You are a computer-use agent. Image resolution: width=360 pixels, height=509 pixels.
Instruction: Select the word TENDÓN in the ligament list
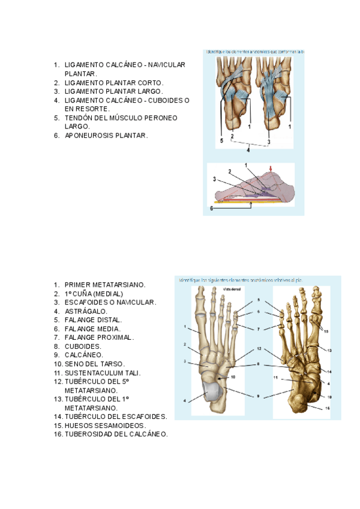[x=80, y=118]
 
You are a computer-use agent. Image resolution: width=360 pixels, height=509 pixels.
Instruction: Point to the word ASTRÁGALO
[x=86, y=312]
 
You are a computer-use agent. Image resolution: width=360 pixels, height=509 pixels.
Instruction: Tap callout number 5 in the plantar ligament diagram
[x=221, y=141]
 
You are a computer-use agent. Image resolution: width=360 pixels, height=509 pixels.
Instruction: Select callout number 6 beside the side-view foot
[x=211, y=208]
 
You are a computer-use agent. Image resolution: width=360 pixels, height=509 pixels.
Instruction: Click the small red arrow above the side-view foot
[x=271, y=169]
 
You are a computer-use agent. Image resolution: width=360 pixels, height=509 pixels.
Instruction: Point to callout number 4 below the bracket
[x=247, y=150]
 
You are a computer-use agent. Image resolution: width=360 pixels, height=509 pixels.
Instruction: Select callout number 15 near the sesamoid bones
[x=326, y=331]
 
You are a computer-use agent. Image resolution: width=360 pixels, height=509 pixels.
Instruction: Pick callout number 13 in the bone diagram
[x=329, y=350]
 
